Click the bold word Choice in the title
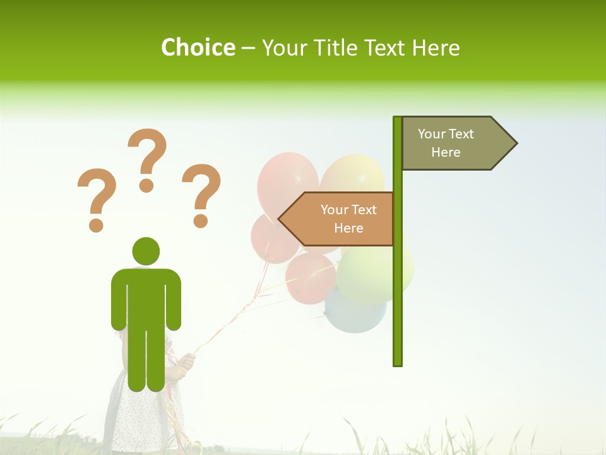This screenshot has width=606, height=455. coord(198,47)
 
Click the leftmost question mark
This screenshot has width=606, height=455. coord(96,198)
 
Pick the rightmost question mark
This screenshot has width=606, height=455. coord(201,195)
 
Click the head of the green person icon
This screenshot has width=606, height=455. coord(146,251)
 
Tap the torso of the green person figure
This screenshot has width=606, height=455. coord(146,297)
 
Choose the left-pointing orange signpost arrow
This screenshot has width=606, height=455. coord(337,219)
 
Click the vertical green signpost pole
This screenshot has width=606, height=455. coord(398,303)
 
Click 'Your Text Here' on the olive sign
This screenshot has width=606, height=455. coord(446,143)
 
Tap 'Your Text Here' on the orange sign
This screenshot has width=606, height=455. coord(348,219)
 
